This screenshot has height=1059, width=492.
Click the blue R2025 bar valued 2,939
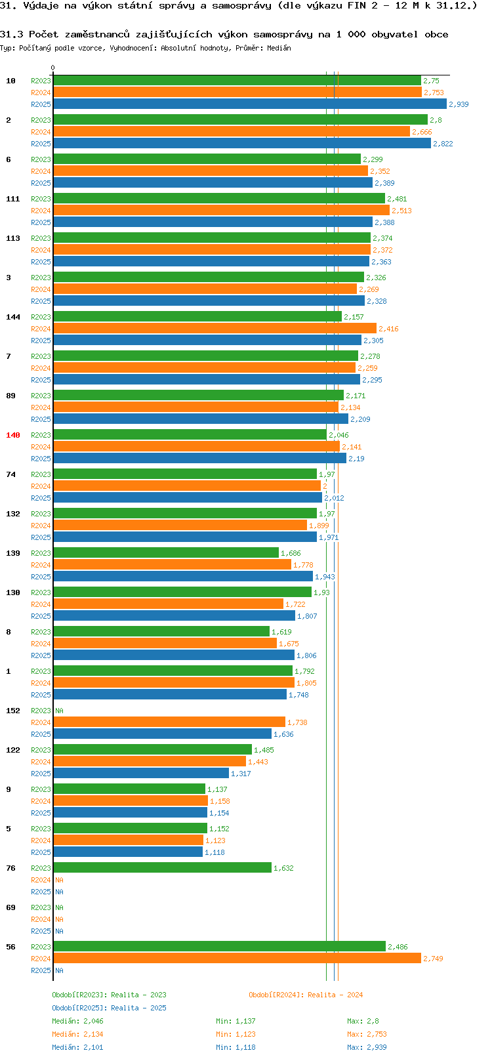249,104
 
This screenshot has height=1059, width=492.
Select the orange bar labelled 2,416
215,329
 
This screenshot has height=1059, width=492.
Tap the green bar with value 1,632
162,868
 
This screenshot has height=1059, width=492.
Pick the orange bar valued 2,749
237,959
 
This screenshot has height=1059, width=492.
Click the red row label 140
13,435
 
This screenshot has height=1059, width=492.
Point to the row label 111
13,199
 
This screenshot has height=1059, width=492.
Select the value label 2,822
443,144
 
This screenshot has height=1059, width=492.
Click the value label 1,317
241,774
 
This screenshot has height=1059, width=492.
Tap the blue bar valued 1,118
128,852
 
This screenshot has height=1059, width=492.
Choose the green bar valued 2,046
190,435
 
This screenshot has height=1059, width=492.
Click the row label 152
13,711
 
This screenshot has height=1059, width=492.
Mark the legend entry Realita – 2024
306,995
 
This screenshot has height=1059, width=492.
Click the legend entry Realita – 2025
109,1008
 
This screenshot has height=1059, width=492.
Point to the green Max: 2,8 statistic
363,1021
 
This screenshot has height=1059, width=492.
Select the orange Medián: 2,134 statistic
77,1034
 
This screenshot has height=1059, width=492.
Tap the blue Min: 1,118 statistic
236,1047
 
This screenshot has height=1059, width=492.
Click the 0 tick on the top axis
53,68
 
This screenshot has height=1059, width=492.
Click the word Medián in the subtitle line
279,48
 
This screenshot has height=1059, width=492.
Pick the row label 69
11,907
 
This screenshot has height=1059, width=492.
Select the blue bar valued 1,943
183,577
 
